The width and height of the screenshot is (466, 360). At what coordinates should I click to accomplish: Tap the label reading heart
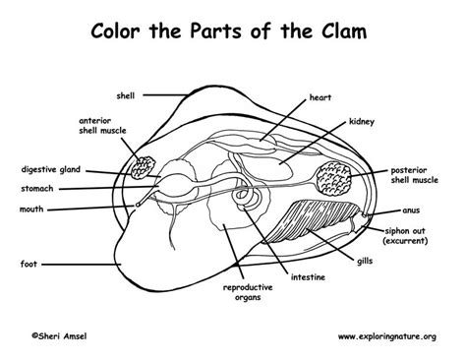[x=320, y=98]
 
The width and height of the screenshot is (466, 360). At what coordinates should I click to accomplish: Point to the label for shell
[x=123, y=95]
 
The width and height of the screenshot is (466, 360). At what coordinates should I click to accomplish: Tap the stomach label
[x=38, y=187]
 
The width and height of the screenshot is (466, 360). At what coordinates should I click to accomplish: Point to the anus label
[x=415, y=210]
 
